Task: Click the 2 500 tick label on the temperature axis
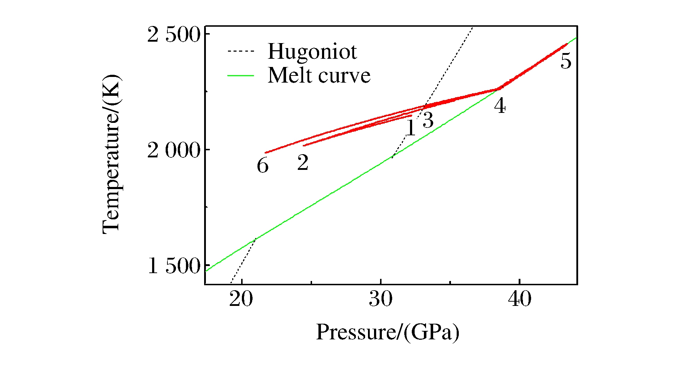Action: click(174, 35)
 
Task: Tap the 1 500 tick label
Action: click(174, 266)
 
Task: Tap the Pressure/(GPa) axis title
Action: click(388, 332)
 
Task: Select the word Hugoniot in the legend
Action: click(312, 52)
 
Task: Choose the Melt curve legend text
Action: click(319, 75)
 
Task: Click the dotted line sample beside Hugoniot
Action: click(241, 52)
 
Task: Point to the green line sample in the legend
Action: click(241, 76)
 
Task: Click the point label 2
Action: click(303, 163)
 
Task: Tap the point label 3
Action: click(428, 120)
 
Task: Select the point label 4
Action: click(500, 106)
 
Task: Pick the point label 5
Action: click(566, 61)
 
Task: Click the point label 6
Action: click(263, 166)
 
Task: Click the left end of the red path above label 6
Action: click(266, 153)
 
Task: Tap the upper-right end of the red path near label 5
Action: click(566, 44)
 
